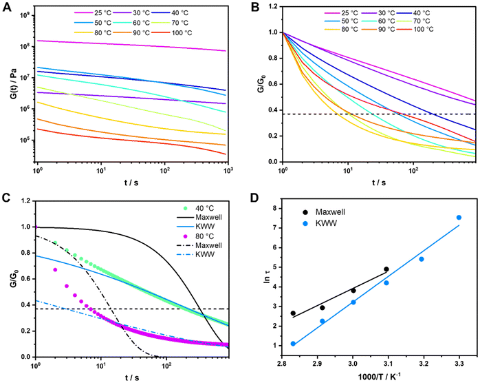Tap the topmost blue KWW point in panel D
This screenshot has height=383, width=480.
tap(459, 218)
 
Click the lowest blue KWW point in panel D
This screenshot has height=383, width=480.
tap(294, 344)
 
